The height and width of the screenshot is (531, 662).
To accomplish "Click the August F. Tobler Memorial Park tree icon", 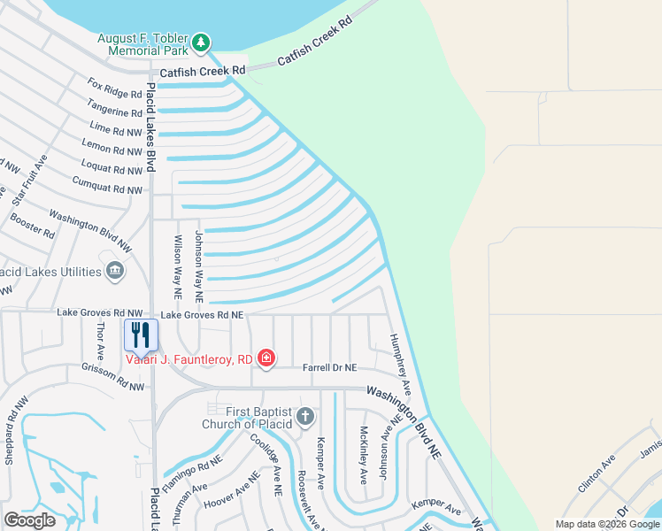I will click(202, 42).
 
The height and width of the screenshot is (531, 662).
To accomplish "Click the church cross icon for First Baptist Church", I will click(304, 416).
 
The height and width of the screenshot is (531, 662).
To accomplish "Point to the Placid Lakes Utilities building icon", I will click(114, 270).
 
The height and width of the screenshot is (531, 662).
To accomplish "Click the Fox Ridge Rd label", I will click(115, 88).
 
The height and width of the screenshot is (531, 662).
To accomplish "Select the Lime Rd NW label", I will click(115, 129).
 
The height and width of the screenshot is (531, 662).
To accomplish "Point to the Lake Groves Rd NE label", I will click(201, 314).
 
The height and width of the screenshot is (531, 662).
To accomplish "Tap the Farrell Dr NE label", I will click(329, 367).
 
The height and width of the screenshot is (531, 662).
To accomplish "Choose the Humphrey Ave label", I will click(402, 364).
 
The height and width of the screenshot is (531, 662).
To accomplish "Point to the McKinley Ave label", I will click(363, 455).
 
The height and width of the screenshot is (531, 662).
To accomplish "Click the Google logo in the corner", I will click(29, 520).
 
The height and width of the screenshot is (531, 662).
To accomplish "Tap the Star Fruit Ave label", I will click(29, 180).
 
